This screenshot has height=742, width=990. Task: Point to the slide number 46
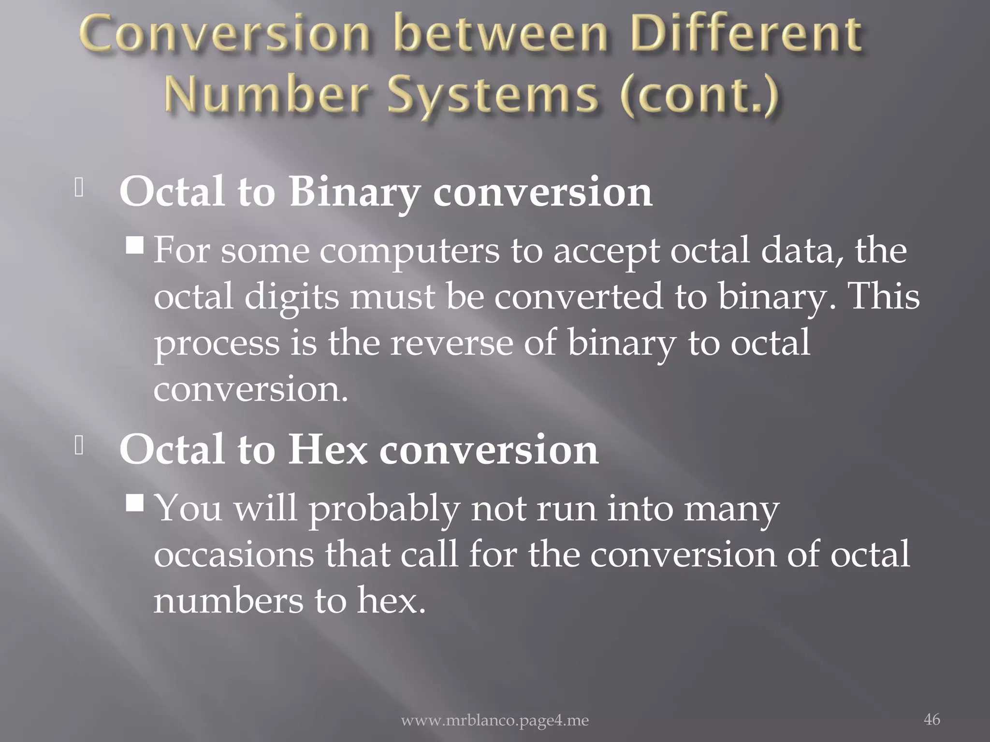(x=932, y=719)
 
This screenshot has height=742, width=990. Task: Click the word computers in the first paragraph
(x=409, y=252)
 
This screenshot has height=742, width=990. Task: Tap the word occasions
(x=234, y=555)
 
